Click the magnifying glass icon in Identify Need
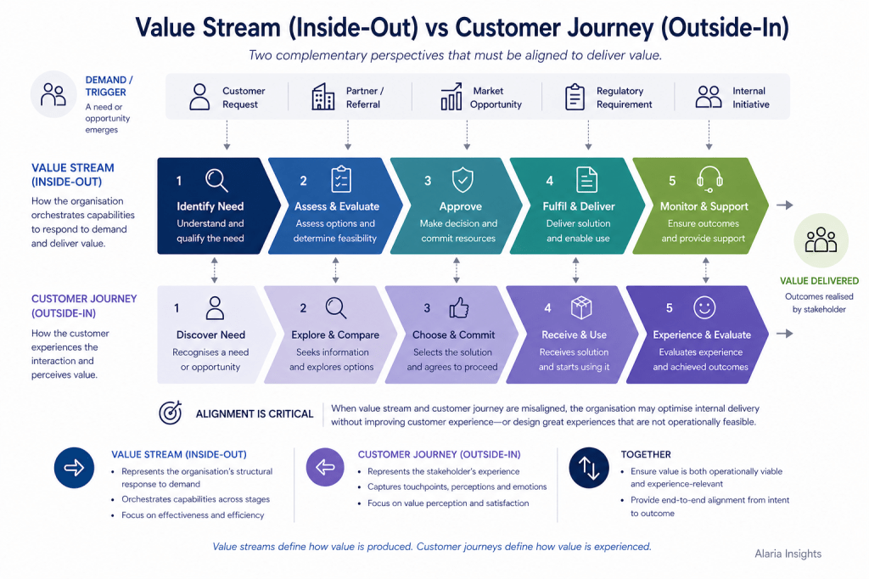point(217,180)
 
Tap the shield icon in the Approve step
point(462,180)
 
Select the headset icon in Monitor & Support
point(709,179)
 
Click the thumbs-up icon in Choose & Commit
point(458,307)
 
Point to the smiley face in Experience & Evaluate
point(704,307)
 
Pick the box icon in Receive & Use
point(580,307)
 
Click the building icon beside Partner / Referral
point(323,97)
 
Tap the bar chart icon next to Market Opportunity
point(451,97)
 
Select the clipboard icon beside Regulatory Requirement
point(575,97)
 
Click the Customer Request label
point(244,98)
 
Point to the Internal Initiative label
point(750,98)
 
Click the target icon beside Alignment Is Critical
point(171,413)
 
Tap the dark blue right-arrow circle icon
point(74,468)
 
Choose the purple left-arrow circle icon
point(324,468)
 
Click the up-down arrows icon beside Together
point(589,468)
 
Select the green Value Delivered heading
point(819,281)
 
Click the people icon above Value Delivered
point(820,240)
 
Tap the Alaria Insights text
point(788,554)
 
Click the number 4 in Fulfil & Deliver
point(549,181)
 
